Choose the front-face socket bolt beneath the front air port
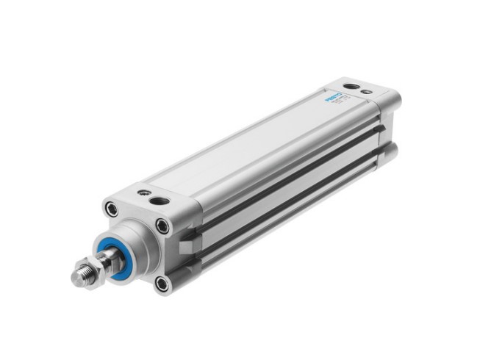(x=162, y=226)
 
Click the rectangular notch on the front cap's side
(x=190, y=237)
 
